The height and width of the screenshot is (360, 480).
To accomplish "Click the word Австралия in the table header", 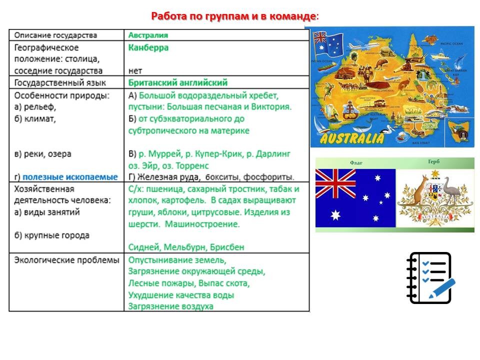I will [148, 35].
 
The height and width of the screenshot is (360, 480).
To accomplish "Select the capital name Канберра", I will [148, 48].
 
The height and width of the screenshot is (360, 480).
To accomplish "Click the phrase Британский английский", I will [177, 82].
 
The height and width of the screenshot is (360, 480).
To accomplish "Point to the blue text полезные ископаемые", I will [70, 177].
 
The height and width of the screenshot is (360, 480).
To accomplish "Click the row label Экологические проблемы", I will [66, 260].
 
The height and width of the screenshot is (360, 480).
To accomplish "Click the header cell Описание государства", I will [55, 35].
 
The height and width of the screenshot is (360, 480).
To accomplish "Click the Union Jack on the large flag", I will [335, 184].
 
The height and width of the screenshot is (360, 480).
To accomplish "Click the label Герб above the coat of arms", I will [434, 162].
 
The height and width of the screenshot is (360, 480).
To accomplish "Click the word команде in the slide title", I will [291, 16].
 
